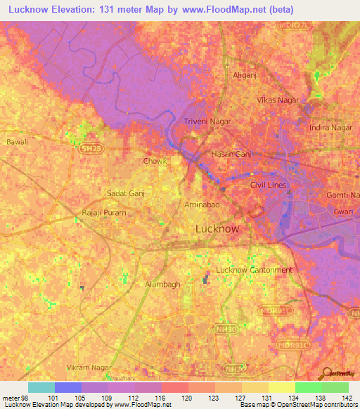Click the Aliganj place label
click(244, 74)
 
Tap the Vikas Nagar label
click(279, 100)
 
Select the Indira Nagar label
click(331, 128)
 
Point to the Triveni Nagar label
click(207, 122)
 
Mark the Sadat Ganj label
click(125, 193)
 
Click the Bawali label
click(17, 142)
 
